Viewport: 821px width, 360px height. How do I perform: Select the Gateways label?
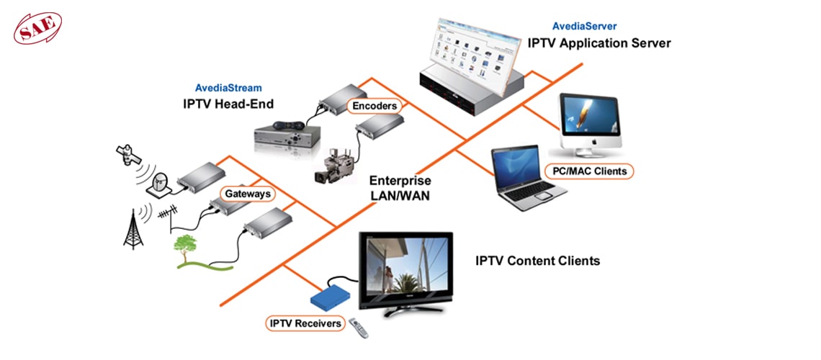247,194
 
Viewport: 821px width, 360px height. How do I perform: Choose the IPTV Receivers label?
305,323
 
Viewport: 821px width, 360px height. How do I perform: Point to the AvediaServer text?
583,27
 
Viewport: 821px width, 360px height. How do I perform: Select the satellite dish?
159,185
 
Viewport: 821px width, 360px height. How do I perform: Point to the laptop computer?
526,180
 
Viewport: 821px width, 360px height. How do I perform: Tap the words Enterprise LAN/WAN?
400,186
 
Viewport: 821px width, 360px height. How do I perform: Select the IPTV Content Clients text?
537,261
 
